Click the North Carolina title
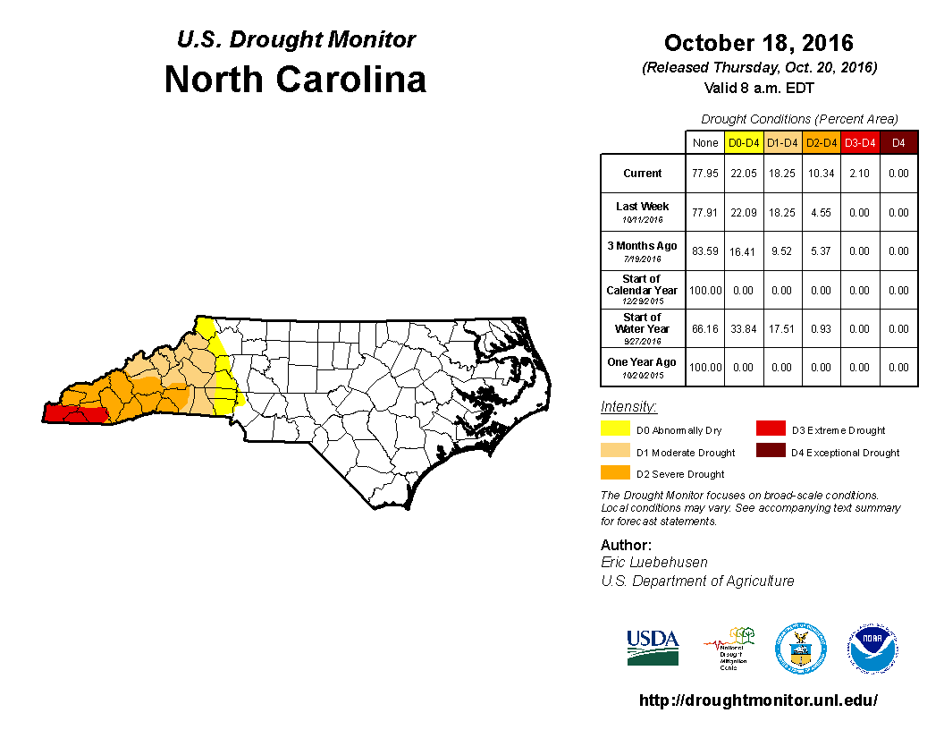click(x=295, y=80)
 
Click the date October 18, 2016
click(x=758, y=43)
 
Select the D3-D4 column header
click(x=859, y=142)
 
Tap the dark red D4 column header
click(x=898, y=142)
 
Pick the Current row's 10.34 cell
click(x=820, y=174)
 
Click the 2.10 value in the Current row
click(x=859, y=174)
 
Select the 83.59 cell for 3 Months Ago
click(x=704, y=251)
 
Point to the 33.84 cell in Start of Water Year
click(x=743, y=329)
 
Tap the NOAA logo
click(x=873, y=649)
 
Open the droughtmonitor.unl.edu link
click(x=758, y=700)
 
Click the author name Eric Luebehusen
click(x=655, y=562)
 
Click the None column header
click(x=704, y=142)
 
